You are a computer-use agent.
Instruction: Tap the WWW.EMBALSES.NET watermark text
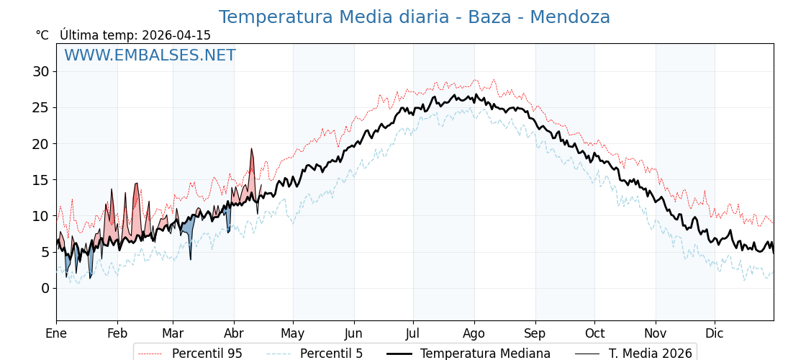pos(150,55)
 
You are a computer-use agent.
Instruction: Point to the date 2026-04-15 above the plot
pos(176,35)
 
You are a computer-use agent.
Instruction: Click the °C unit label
pos(42,35)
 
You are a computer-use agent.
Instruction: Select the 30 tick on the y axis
pos(40,71)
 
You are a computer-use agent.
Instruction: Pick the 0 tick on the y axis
pos(45,288)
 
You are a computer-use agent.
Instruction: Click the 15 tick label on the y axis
pos(40,180)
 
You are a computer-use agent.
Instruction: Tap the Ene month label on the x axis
pos(56,333)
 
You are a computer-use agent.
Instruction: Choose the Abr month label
pos(234,333)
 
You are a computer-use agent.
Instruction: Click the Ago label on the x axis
pos(474,333)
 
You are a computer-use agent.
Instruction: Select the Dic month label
pos(715,333)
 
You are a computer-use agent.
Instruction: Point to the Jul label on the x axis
pos(413,333)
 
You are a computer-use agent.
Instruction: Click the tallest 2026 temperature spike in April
pos(251,150)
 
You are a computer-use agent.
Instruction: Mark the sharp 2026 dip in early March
pos(191,258)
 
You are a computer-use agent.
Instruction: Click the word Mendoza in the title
pos(569,17)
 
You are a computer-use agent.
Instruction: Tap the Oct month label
pos(594,333)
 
